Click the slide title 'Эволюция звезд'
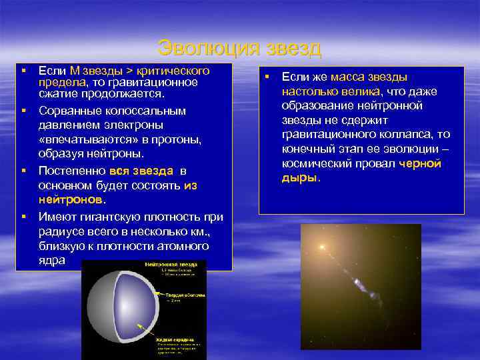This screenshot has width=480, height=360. click(240, 49)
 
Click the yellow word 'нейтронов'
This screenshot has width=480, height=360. click(71, 199)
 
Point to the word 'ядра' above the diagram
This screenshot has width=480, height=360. click(52, 261)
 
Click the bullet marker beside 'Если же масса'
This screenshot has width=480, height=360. click(265, 77)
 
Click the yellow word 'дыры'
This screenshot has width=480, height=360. click(299, 178)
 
